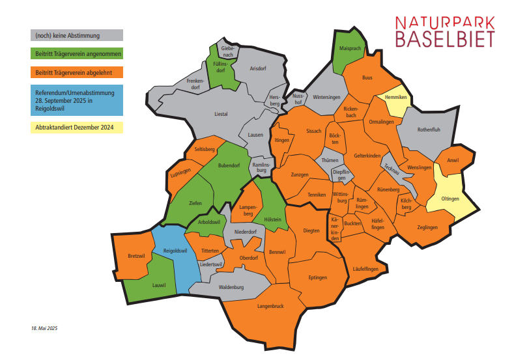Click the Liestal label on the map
coord(221,114)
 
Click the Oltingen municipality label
coord(450,199)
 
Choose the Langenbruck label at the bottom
coord(270,306)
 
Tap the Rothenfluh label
coord(429,130)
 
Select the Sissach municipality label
coord(313,131)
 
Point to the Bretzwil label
coord(137,256)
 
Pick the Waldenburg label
coord(231,286)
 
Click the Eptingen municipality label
coord(317,277)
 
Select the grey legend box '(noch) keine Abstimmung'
coord(76,35)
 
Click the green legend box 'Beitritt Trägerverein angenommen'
coord(76,52)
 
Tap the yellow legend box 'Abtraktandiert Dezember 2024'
coord(76,127)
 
